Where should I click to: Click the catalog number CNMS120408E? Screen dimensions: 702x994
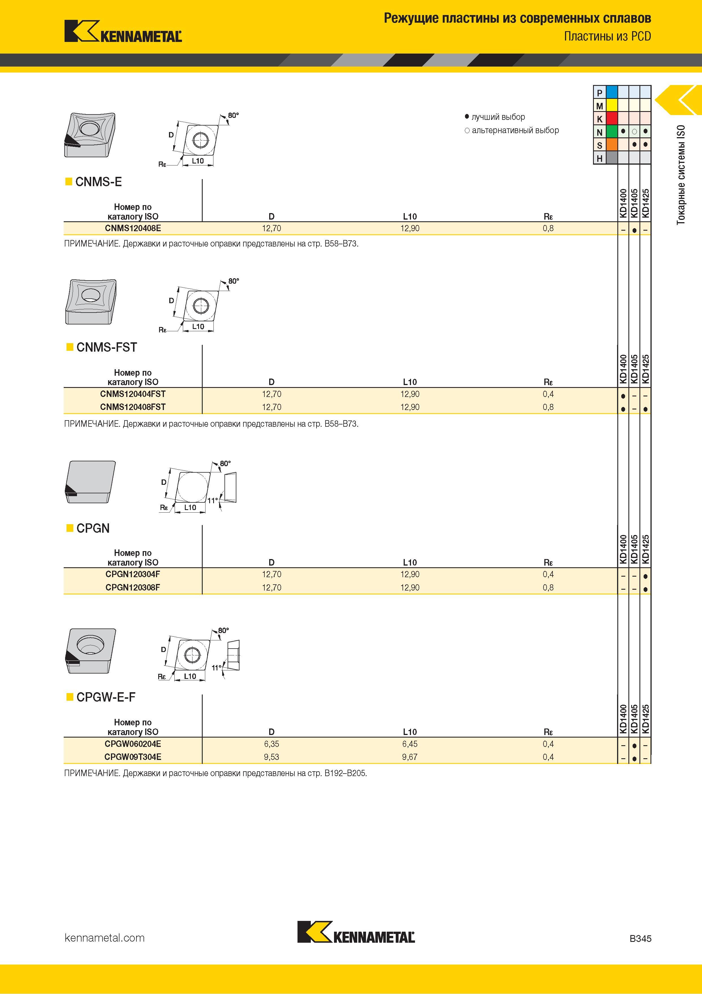tap(133, 228)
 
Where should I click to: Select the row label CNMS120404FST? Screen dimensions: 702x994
tap(133, 394)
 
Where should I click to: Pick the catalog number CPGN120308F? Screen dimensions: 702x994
tap(133, 587)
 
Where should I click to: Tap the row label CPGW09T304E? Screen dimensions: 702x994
tap(133, 757)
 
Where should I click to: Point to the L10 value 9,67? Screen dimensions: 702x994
tap(410, 757)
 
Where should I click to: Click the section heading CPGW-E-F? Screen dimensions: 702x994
tap(106, 697)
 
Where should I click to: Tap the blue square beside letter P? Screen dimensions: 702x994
tap(612, 92)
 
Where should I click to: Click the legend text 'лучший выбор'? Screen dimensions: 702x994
tap(498, 117)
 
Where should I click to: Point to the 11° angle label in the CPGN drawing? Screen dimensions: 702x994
tap(212, 500)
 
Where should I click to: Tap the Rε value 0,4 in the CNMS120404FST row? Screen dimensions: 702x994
tap(548, 394)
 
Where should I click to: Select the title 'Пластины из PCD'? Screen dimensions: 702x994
tap(607, 36)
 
